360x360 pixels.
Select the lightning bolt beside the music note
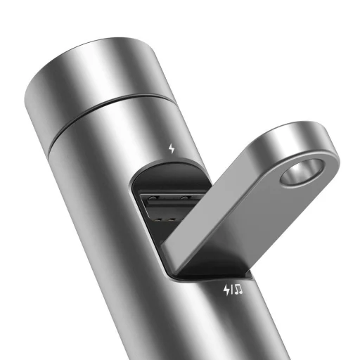coord(226,289)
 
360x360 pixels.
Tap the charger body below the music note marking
coord(232,323)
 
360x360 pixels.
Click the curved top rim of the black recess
coord(169,163)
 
